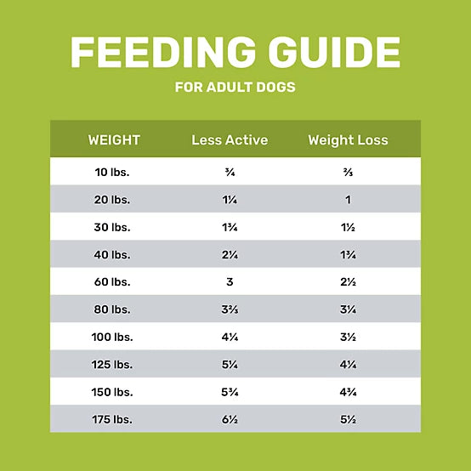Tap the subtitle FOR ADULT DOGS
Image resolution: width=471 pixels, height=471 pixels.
[235, 88]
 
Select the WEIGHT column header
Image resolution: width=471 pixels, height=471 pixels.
[114, 139]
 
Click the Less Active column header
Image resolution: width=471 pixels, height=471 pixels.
[230, 139]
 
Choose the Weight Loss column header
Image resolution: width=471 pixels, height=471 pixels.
[348, 139]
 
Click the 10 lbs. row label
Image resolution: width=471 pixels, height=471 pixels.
[114, 173]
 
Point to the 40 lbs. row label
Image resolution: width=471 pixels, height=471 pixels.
[114, 254]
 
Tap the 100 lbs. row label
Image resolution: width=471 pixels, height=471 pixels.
[114, 336]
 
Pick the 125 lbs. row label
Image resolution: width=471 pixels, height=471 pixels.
[114, 363]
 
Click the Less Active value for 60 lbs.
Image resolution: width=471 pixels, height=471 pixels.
[230, 281]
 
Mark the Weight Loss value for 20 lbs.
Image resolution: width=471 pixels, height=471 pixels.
[348, 200]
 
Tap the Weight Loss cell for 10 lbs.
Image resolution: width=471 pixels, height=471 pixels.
[348, 173]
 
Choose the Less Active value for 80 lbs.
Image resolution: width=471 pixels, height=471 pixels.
[230, 309]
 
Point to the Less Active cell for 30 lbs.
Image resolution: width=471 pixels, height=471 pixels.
[230, 227]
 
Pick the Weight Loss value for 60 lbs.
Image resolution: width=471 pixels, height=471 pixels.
[348, 281]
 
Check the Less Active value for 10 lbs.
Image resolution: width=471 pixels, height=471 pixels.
[230, 173]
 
